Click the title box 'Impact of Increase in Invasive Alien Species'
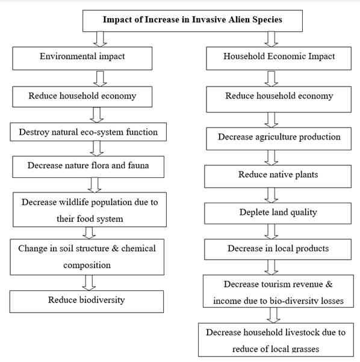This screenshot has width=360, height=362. pyautogui.click(x=193, y=21)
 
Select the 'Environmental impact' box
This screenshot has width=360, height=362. pyautogui.click(x=82, y=58)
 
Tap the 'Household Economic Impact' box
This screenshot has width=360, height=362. pyautogui.click(x=279, y=58)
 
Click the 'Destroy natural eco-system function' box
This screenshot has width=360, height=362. pyautogui.click(x=88, y=132)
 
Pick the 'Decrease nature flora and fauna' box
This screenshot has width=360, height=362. pyautogui.click(x=88, y=167)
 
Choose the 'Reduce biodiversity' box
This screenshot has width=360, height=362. pyautogui.click(x=87, y=301)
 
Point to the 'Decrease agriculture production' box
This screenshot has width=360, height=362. pyautogui.click(x=279, y=139)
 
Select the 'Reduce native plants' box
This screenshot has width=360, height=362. pyautogui.click(x=278, y=176)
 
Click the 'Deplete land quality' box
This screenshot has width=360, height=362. pyautogui.click(x=278, y=213)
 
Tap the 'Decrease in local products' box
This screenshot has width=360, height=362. pyautogui.click(x=278, y=250)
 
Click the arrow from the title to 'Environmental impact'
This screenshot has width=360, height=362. pyautogui.click(x=100, y=39)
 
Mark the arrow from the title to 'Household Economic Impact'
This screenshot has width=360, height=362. pyautogui.click(x=272, y=39)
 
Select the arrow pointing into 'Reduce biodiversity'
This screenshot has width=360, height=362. pyautogui.click(x=88, y=283)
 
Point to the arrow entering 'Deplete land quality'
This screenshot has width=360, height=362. pyautogui.click(x=272, y=195)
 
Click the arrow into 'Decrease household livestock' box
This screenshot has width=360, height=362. pyautogui.click(x=273, y=315)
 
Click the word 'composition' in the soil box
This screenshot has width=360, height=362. pyautogui.click(x=87, y=265)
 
